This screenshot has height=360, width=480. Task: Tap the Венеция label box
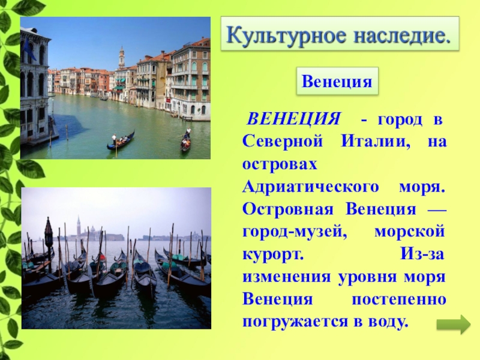337,81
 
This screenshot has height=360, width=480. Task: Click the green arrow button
454,325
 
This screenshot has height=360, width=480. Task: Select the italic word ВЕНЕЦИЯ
293,119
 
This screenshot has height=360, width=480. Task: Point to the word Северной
283,142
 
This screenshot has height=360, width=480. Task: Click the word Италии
376,142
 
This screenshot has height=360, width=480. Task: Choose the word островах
280,164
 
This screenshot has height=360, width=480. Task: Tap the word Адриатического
310,187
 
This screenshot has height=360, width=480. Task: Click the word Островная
288,209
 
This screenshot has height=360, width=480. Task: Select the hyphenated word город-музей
295,232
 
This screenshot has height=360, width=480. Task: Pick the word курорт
273,255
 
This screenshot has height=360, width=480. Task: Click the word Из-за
422,254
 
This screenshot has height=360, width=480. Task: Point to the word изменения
287,277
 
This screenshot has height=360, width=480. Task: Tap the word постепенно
398,300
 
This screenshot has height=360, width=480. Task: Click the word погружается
293,323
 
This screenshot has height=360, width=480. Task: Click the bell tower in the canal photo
122,57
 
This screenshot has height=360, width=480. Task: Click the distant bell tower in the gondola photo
79,227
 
